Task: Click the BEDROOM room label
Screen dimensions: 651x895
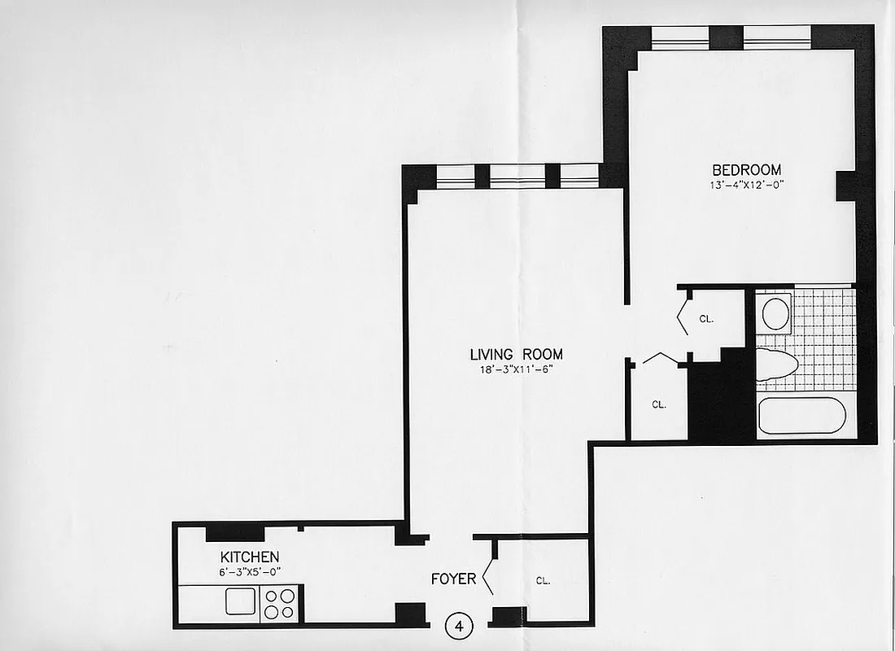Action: pyautogui.click(x=746, y=170)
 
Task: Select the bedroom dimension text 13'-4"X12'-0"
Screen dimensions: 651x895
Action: pyautogui.click(x=746, y=185)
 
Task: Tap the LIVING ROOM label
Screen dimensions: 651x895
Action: pyautogui.click(x=516, y=355)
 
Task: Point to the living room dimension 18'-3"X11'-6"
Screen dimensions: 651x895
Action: pyautogui.click(x=516, y=369)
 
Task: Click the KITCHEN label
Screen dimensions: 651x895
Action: pyautogui.click(x=250, y=557)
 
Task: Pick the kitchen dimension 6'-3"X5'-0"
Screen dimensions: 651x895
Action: pyautogui.click(x=250, y=571)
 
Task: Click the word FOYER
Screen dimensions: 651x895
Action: pyautogui.click(x=453, y=579)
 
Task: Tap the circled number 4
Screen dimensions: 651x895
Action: pyautogui.click(x=459, y=627)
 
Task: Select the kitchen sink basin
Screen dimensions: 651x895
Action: pyautogui.click(x=240, y=603)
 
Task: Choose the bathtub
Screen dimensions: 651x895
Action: pyautogui.click(x=801, y=415)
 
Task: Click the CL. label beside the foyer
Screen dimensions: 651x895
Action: pyautogui.click(x=543, y=581)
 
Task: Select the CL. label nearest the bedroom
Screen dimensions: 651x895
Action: pyautogui.click(x=706, y=319)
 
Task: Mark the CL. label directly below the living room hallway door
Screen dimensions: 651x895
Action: pyautogui.click(x=658, y=404)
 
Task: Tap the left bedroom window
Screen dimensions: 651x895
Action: pyautogui.click(x=680, y=37)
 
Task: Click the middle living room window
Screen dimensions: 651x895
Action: pyautogui.click(x=517, y=176)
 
